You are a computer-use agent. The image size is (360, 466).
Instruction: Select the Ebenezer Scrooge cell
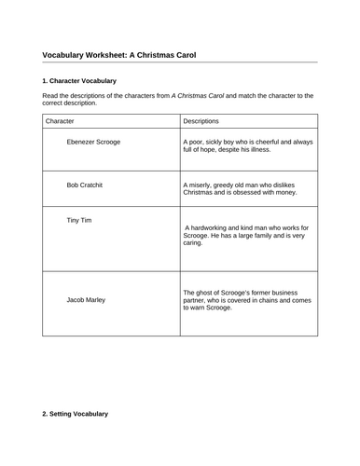coord(93,142)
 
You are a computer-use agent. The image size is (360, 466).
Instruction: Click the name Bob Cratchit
coord(85,185)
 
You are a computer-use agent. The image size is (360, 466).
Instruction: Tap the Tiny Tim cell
coord(79,220)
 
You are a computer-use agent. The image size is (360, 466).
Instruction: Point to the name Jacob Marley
coord(86,300)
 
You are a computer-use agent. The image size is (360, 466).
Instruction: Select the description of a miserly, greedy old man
coord(242,189)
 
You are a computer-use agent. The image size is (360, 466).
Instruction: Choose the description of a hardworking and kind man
coord(246,235)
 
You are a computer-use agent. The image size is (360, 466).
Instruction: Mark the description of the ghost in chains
coord(245,298)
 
